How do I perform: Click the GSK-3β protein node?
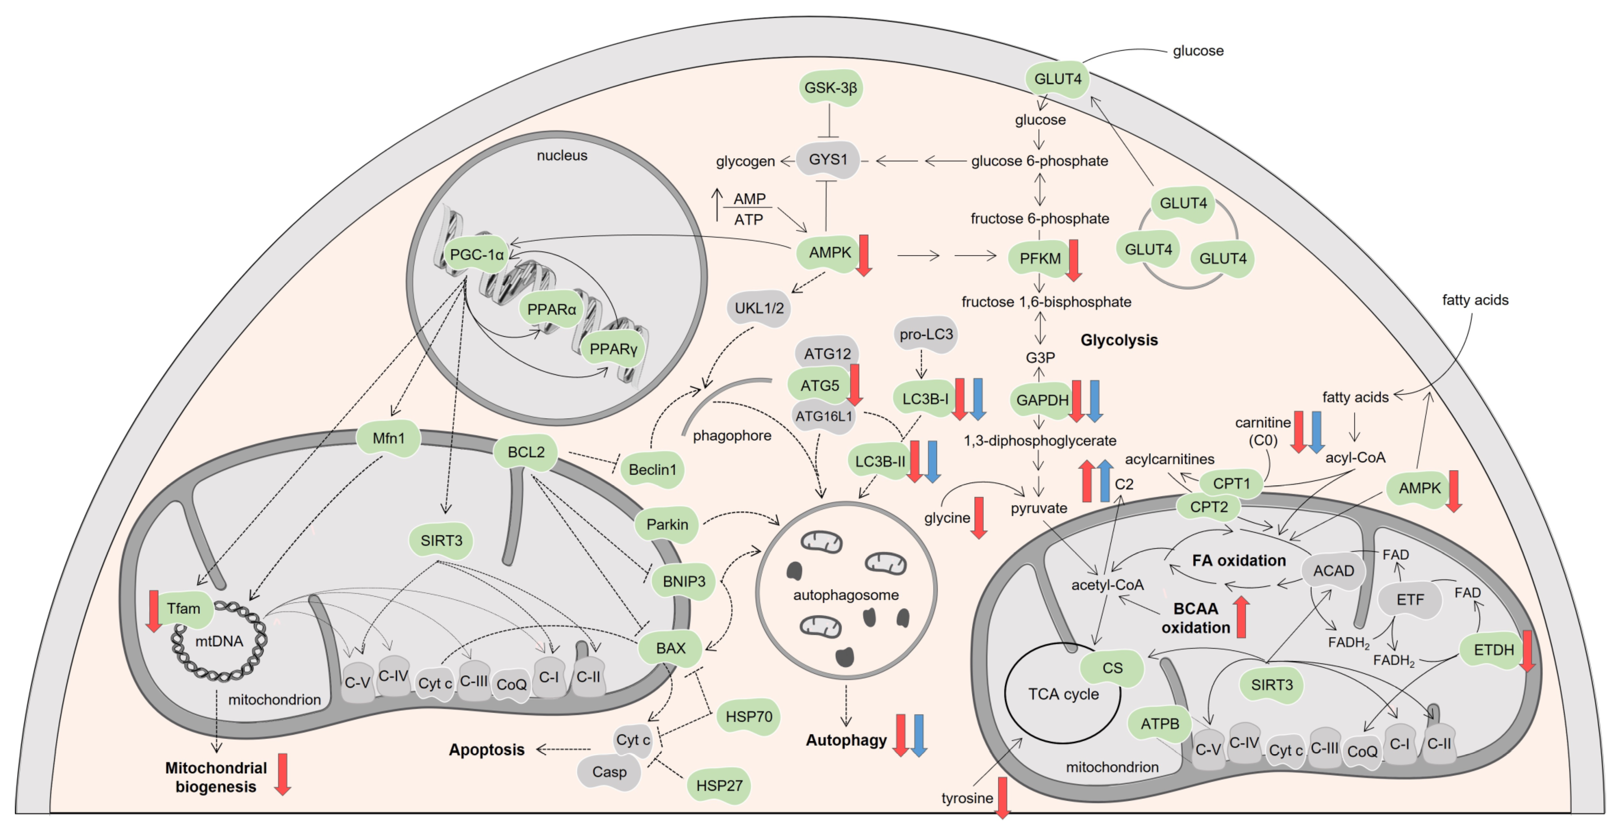coord(830,88)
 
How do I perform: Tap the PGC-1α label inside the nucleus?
coord(477,255)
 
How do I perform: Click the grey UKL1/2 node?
coord(759,308)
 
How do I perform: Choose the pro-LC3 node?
coord(925,334)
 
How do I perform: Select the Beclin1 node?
coord(652,470)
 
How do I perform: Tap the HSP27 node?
coord(719,785)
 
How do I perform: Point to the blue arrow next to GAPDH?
coord(1094,401)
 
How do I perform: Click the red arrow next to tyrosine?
coord(1002,798)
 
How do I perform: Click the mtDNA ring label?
coord(219,641)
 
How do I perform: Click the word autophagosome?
coord(845,595)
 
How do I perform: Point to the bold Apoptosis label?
coord(486,749)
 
